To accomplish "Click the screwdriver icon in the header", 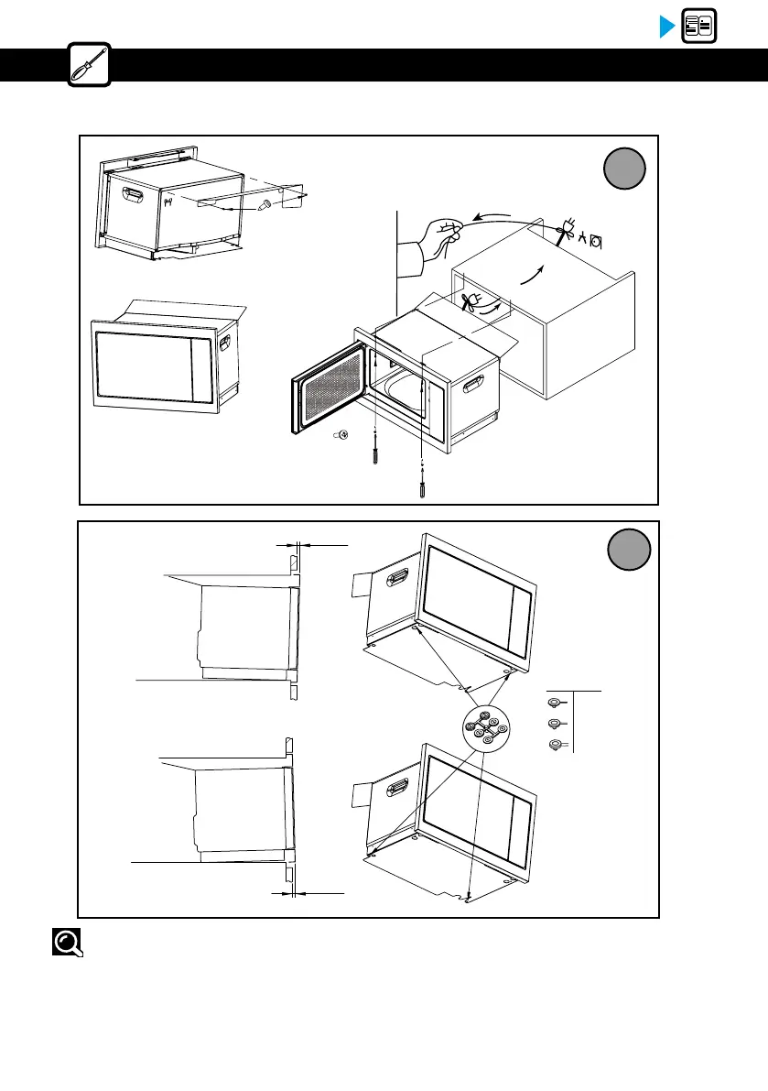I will point(90,65).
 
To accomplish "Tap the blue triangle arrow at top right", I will point(667,27).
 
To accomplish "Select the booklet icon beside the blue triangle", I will point(699,27).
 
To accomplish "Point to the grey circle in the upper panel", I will point(625,169).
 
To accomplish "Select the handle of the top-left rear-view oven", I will point(133,195).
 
